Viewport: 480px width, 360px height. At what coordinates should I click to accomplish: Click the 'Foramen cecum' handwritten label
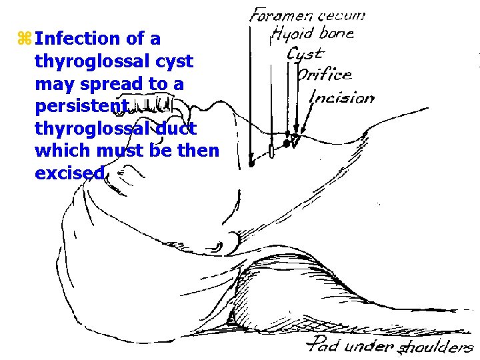click(307, 15)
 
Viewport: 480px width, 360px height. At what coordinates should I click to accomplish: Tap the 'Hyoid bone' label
click(313, 33)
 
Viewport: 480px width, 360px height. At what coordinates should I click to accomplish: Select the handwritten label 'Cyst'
click(305, 53)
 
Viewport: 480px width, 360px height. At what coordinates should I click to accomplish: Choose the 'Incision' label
click(342, 97)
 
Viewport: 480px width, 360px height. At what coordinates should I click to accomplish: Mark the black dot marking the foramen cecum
click(251, 162)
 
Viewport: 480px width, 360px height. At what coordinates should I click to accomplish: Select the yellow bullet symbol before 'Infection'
click(25, 39)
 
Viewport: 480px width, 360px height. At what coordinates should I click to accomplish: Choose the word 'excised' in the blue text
click(69, 173)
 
